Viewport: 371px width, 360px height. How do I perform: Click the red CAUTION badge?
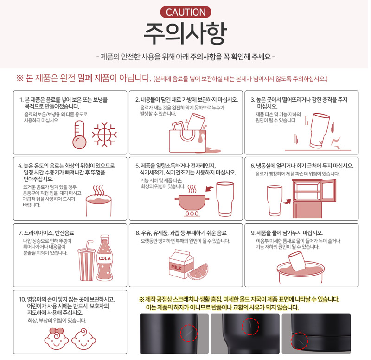(185, 12)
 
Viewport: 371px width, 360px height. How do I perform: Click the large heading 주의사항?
(185, 33)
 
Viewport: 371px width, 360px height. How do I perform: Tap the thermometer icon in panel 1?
(79, 135)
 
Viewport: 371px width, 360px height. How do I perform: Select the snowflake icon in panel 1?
(104, 135)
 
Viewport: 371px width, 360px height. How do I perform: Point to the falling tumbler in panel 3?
(319, 131)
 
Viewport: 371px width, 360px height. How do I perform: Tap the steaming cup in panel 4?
(98, 201)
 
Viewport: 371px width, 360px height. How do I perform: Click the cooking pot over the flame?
(192, 202)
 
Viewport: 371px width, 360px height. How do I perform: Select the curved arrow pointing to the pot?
(210, 189)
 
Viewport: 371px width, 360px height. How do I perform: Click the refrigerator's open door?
(329, 190)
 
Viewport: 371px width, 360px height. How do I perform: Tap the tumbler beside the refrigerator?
(275, 200)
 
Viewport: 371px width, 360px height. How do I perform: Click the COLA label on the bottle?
(105, 258)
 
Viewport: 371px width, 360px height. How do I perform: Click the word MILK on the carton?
(177, 268)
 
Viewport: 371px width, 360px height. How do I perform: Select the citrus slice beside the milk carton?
(198, 271)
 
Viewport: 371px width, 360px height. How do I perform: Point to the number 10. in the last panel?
(22, 299)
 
